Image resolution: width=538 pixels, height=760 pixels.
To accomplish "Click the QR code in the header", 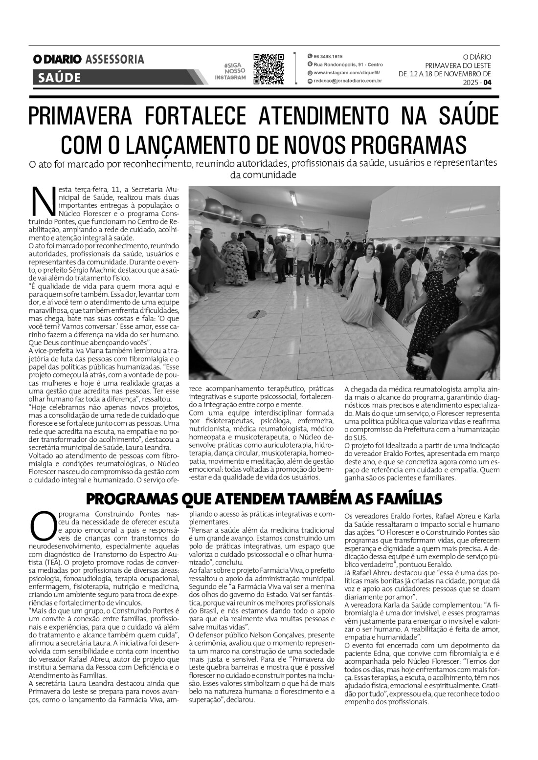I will pyautogui.click(x=269, y=69).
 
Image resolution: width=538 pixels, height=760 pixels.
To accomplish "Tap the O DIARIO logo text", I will pyautogui.click(x=57, y=60).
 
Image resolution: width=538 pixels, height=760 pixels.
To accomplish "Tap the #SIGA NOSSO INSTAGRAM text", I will pyautogui.click(x=230, y=71).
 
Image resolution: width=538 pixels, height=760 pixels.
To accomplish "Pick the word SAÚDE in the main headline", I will pyautogui.click(x=467, y=116).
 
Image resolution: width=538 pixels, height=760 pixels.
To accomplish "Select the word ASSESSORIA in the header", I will pyautogui.click(x=114, y=60).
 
